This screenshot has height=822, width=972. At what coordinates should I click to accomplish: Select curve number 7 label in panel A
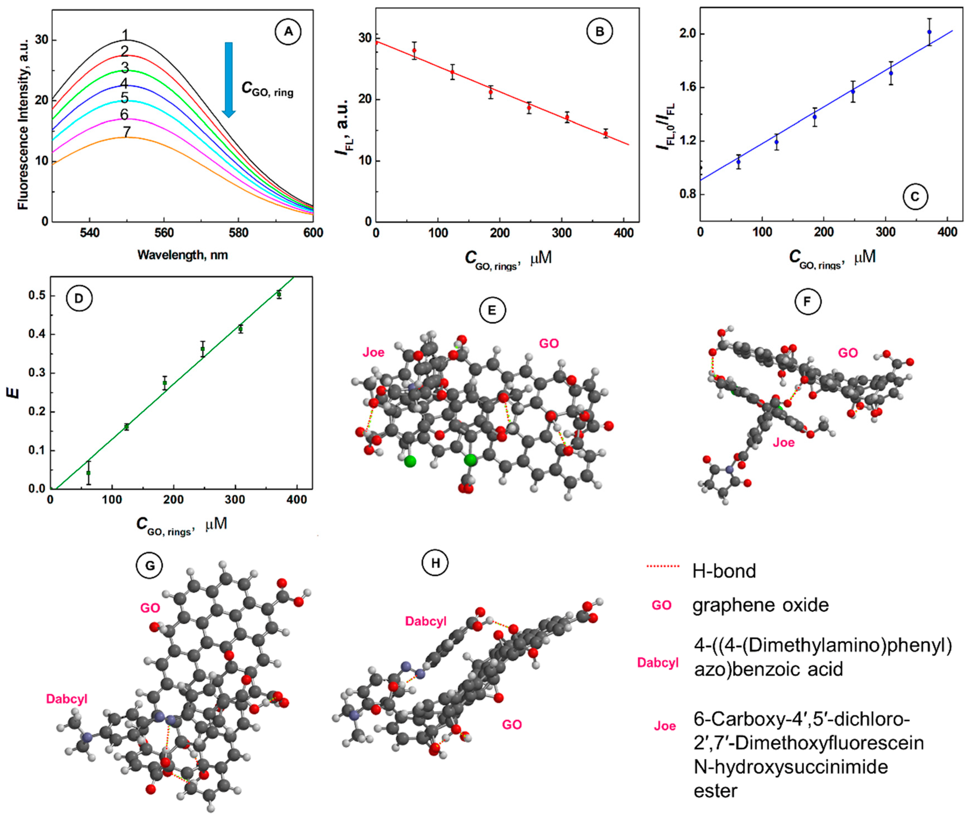pos(126,132)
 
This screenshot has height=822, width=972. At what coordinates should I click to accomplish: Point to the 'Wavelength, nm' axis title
pos(182,255)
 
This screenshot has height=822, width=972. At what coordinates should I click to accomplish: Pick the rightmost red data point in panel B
pos(605,134)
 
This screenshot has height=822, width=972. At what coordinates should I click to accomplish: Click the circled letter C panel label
pos(915,197)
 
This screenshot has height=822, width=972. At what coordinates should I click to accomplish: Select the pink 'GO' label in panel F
pos(848,353)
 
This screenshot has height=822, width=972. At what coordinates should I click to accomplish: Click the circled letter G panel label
pos(150,566)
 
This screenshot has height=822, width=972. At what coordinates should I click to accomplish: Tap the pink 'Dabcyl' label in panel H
pos(426,621)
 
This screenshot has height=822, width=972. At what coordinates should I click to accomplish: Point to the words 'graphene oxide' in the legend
pos(760,605)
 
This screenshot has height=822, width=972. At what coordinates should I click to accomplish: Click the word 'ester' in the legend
pos(715,791)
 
